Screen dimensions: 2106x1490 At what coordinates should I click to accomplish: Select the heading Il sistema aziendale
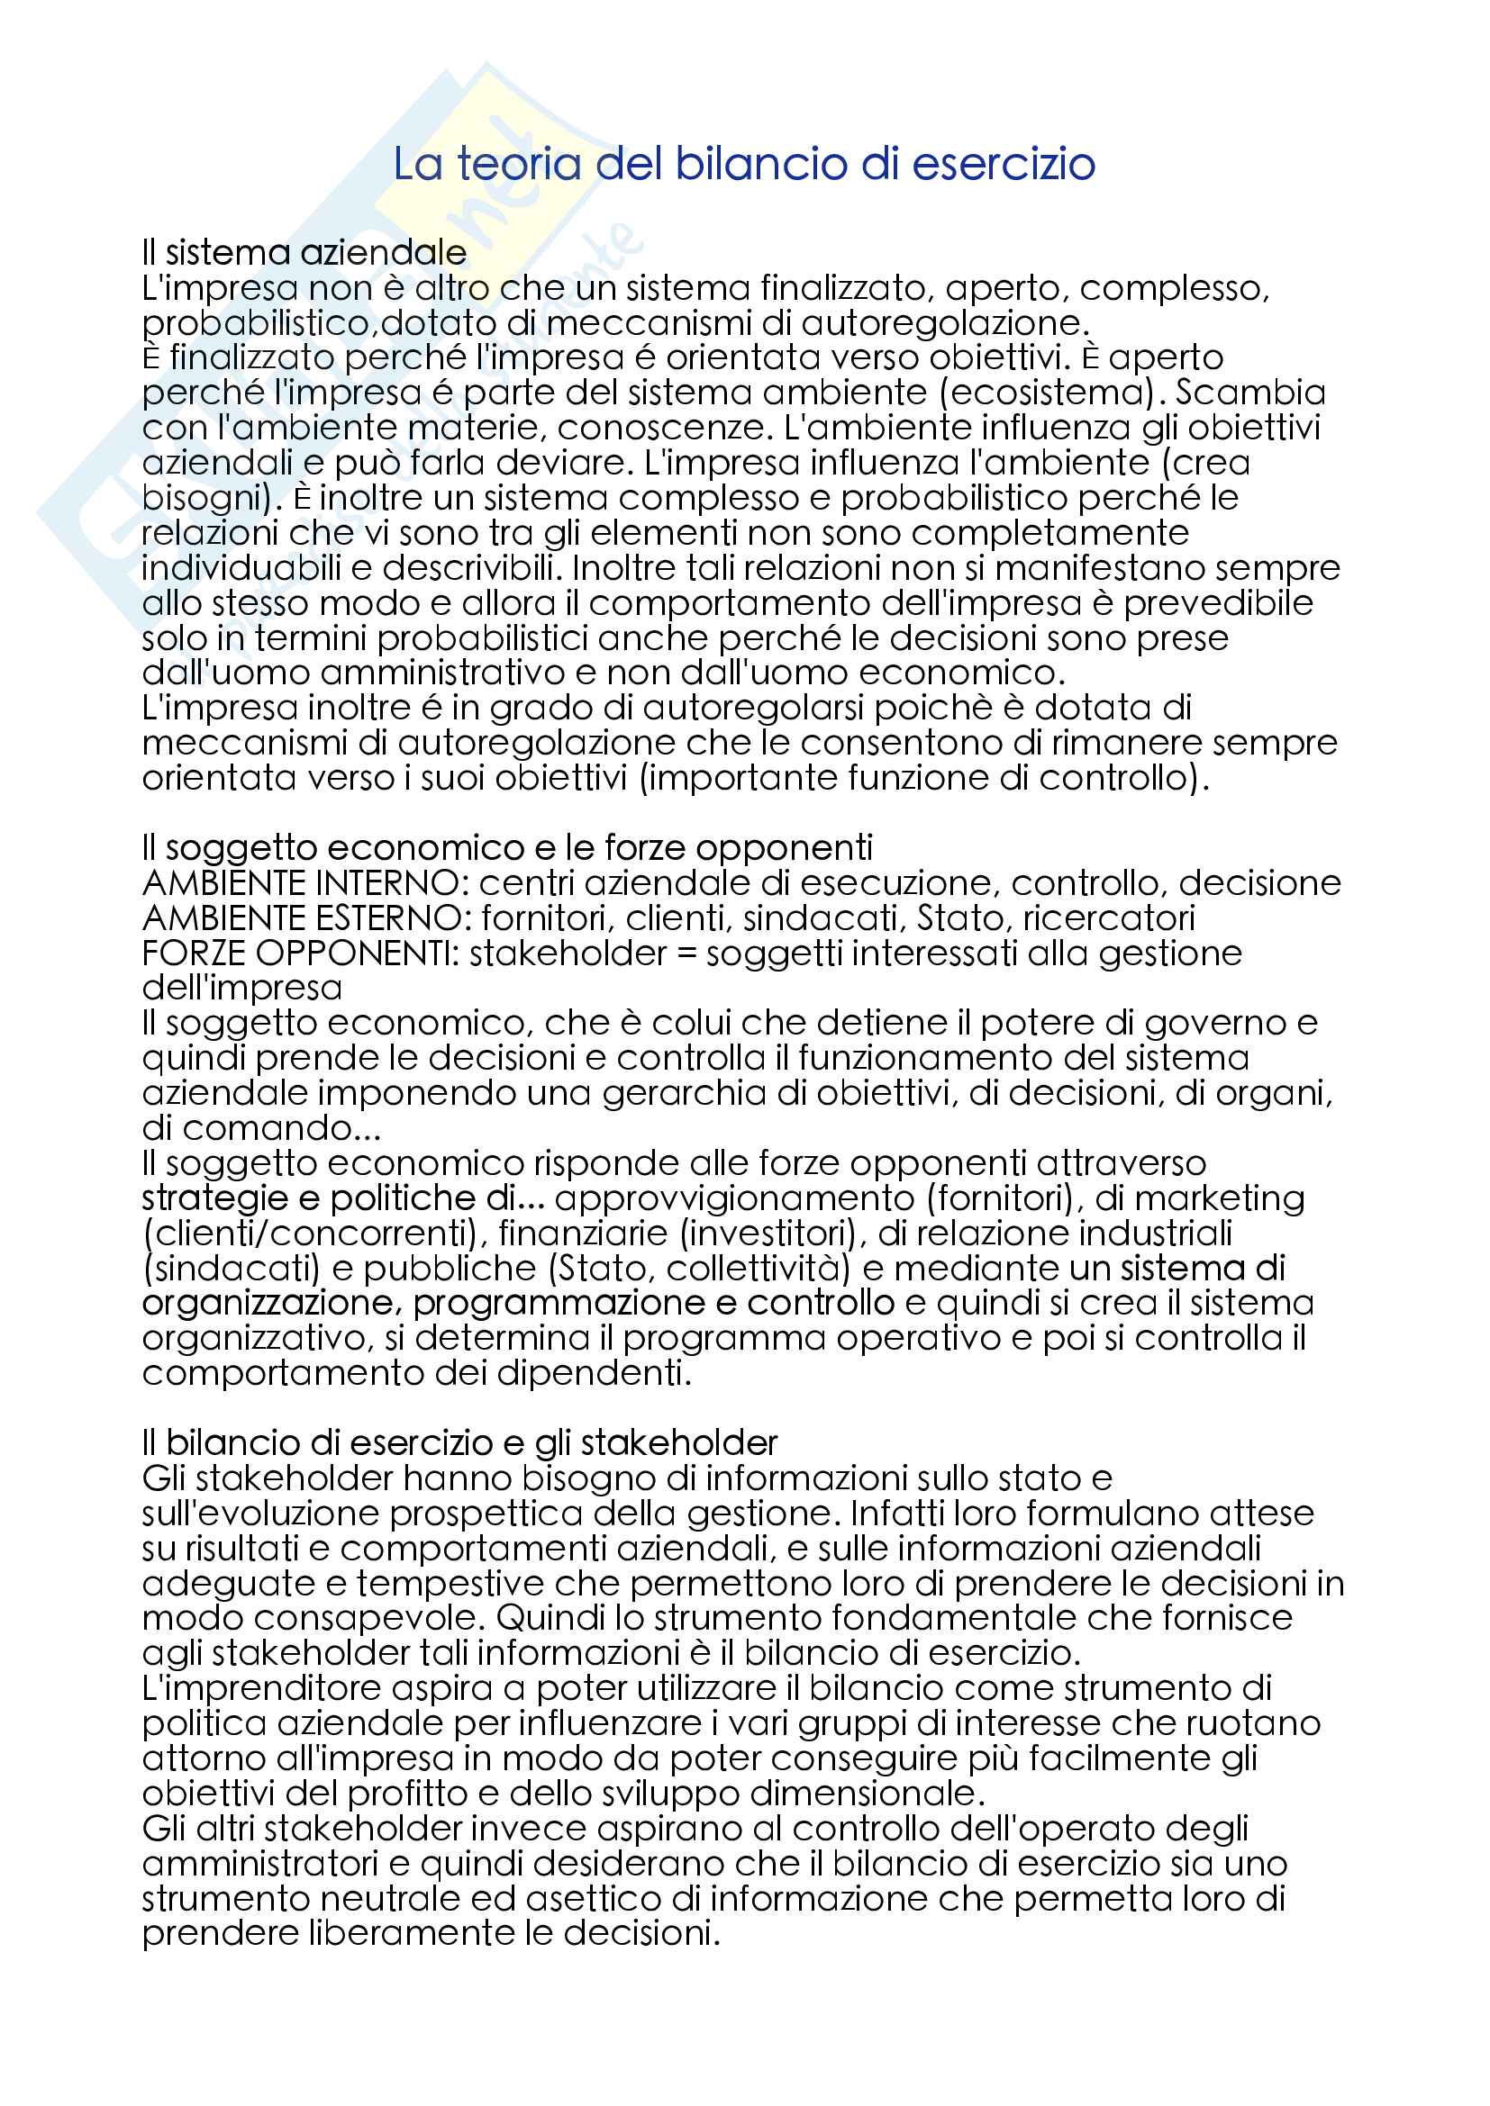(x=304, y=252)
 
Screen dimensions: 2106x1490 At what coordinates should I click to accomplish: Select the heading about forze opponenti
(x=506, y=847)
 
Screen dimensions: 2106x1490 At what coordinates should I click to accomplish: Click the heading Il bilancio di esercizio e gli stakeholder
(x=459, y=1442)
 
